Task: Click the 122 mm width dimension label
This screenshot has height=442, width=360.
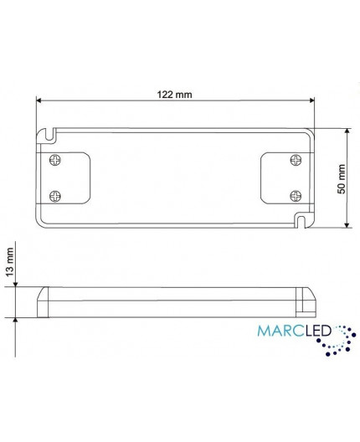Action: pyautogui.click(x=174, y=94)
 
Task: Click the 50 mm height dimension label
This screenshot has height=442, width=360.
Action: pyautogui.click(x=341, y=178)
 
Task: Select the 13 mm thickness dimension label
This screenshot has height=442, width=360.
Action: pyautogui.click(x=10, y=261)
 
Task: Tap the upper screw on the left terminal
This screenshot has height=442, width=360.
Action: pyautogui.click(x=56, y=158)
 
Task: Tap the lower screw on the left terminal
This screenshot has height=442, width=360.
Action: pyautogui.click(x=56, y=194)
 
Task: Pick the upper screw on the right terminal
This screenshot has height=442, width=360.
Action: pyautogui.click(x=294, y=158)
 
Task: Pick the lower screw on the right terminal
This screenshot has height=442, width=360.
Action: pyautogui.click(x=294, y=194)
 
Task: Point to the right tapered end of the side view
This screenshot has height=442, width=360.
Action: pyautogui.click(x=308, y=301)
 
